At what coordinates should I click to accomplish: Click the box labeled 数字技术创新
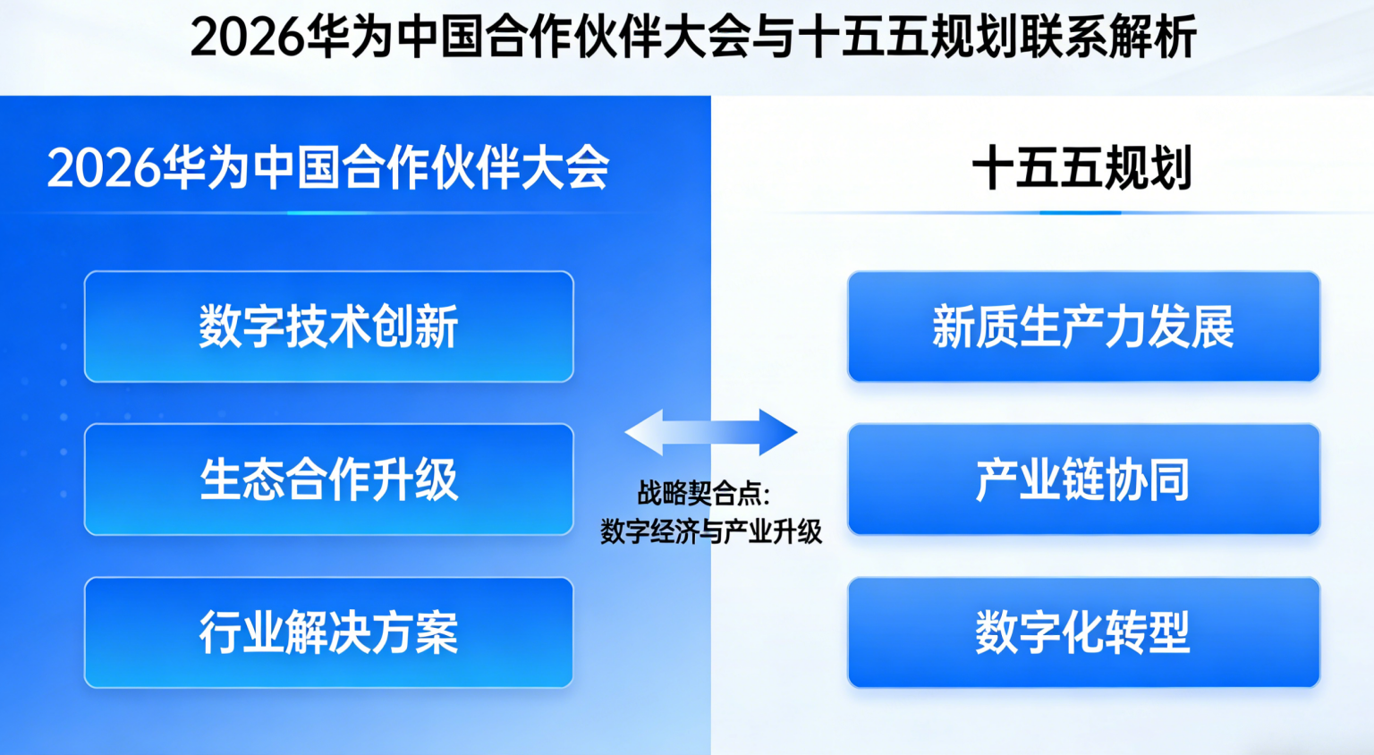click(329, 327)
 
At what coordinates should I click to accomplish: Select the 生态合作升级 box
click(329, 479)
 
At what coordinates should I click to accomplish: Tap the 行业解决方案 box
click(329, 632)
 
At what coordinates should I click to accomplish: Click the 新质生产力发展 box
click(1084, 327)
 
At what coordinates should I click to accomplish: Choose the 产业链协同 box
click(1084, 479)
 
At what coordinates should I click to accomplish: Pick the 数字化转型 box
click(1084, 632)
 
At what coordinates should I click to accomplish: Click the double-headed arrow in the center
click(711, 432)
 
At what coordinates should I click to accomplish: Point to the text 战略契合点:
click(704, 493)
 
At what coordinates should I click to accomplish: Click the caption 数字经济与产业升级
click(711, 531)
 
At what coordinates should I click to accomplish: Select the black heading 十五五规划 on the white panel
click(1082, 167)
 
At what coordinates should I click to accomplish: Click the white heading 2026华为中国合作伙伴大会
click(328, 167)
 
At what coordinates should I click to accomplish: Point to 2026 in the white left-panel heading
click(104, 168)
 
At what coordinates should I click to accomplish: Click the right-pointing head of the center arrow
click(777, 432)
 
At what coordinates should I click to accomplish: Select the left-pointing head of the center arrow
click(644, 432)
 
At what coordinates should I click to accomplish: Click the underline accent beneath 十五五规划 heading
click(1081, 213)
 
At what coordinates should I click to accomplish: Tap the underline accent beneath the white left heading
click(328, 213)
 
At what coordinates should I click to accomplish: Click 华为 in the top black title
click(349, 38)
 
